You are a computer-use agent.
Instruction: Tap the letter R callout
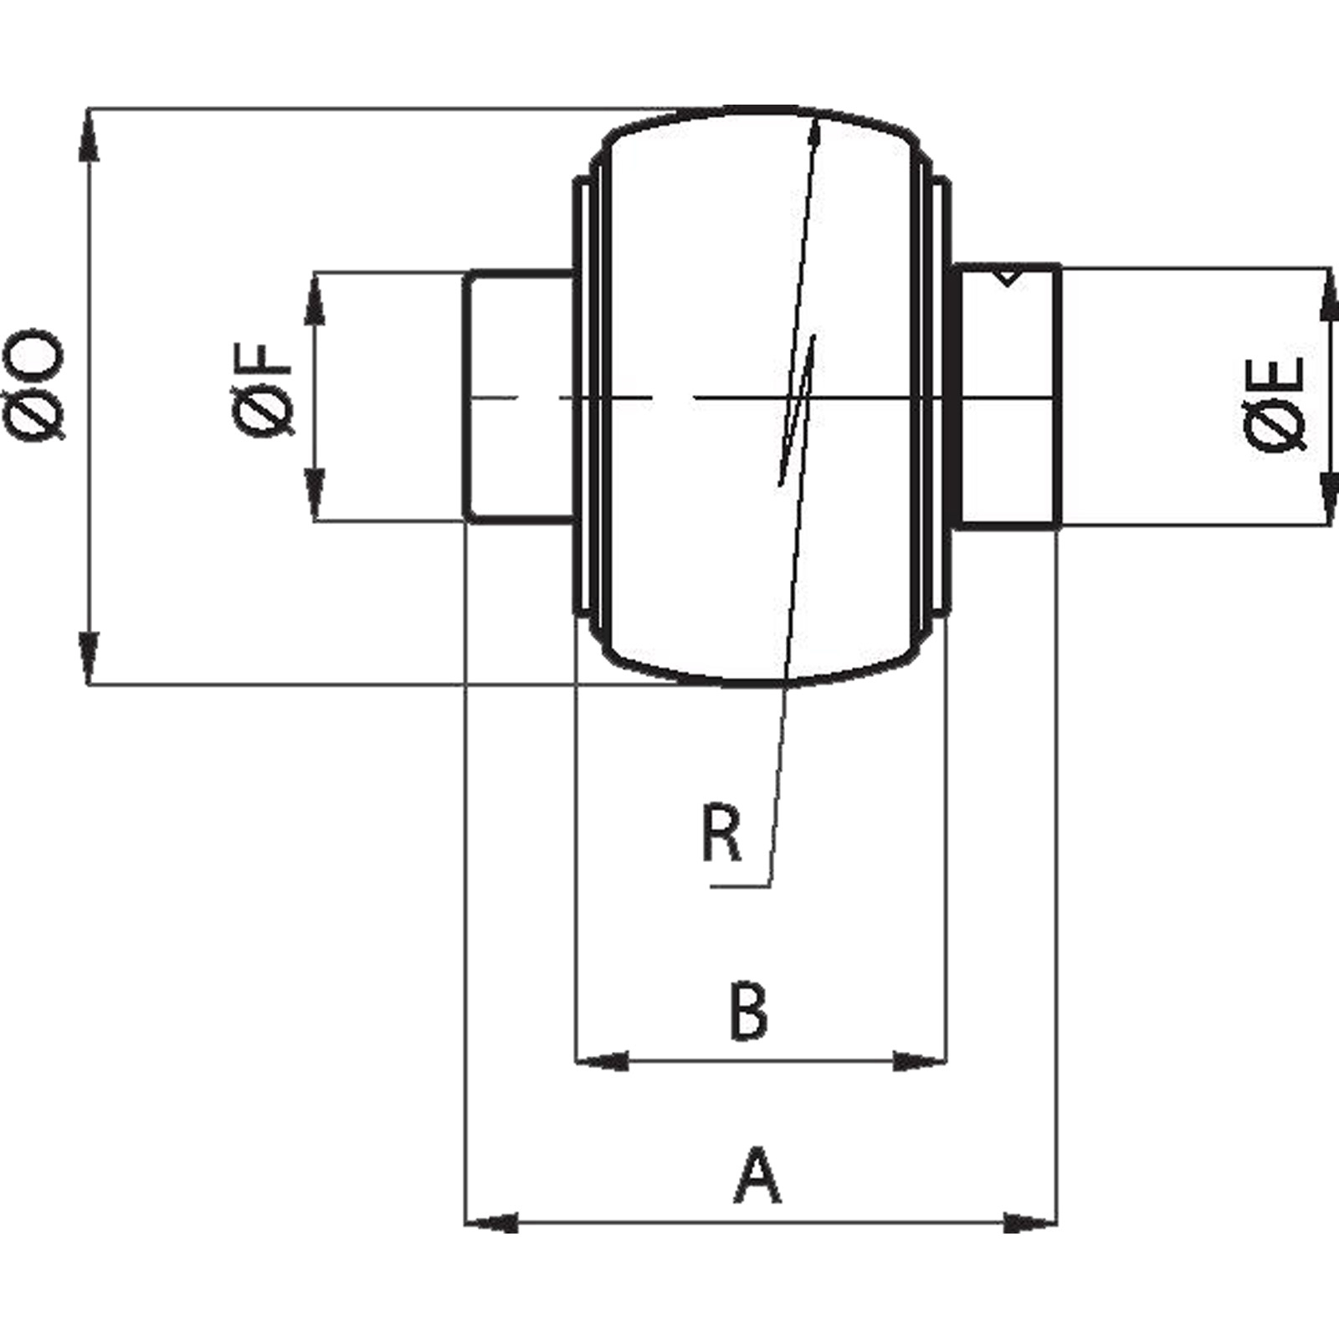pyautogui.click(x=721, y=834)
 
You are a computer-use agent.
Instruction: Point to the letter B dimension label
pyautogui.click(x=747, y=1013)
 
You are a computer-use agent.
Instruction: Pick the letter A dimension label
pyautogui.click(x=758, y=1177)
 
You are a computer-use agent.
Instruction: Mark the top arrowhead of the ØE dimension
pyautogui.click(x=1328, y=296)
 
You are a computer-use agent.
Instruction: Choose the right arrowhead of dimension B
pyautogui.click(x=921, y=1062)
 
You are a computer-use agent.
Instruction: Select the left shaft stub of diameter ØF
pyautogui.click(x=519, y=395)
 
